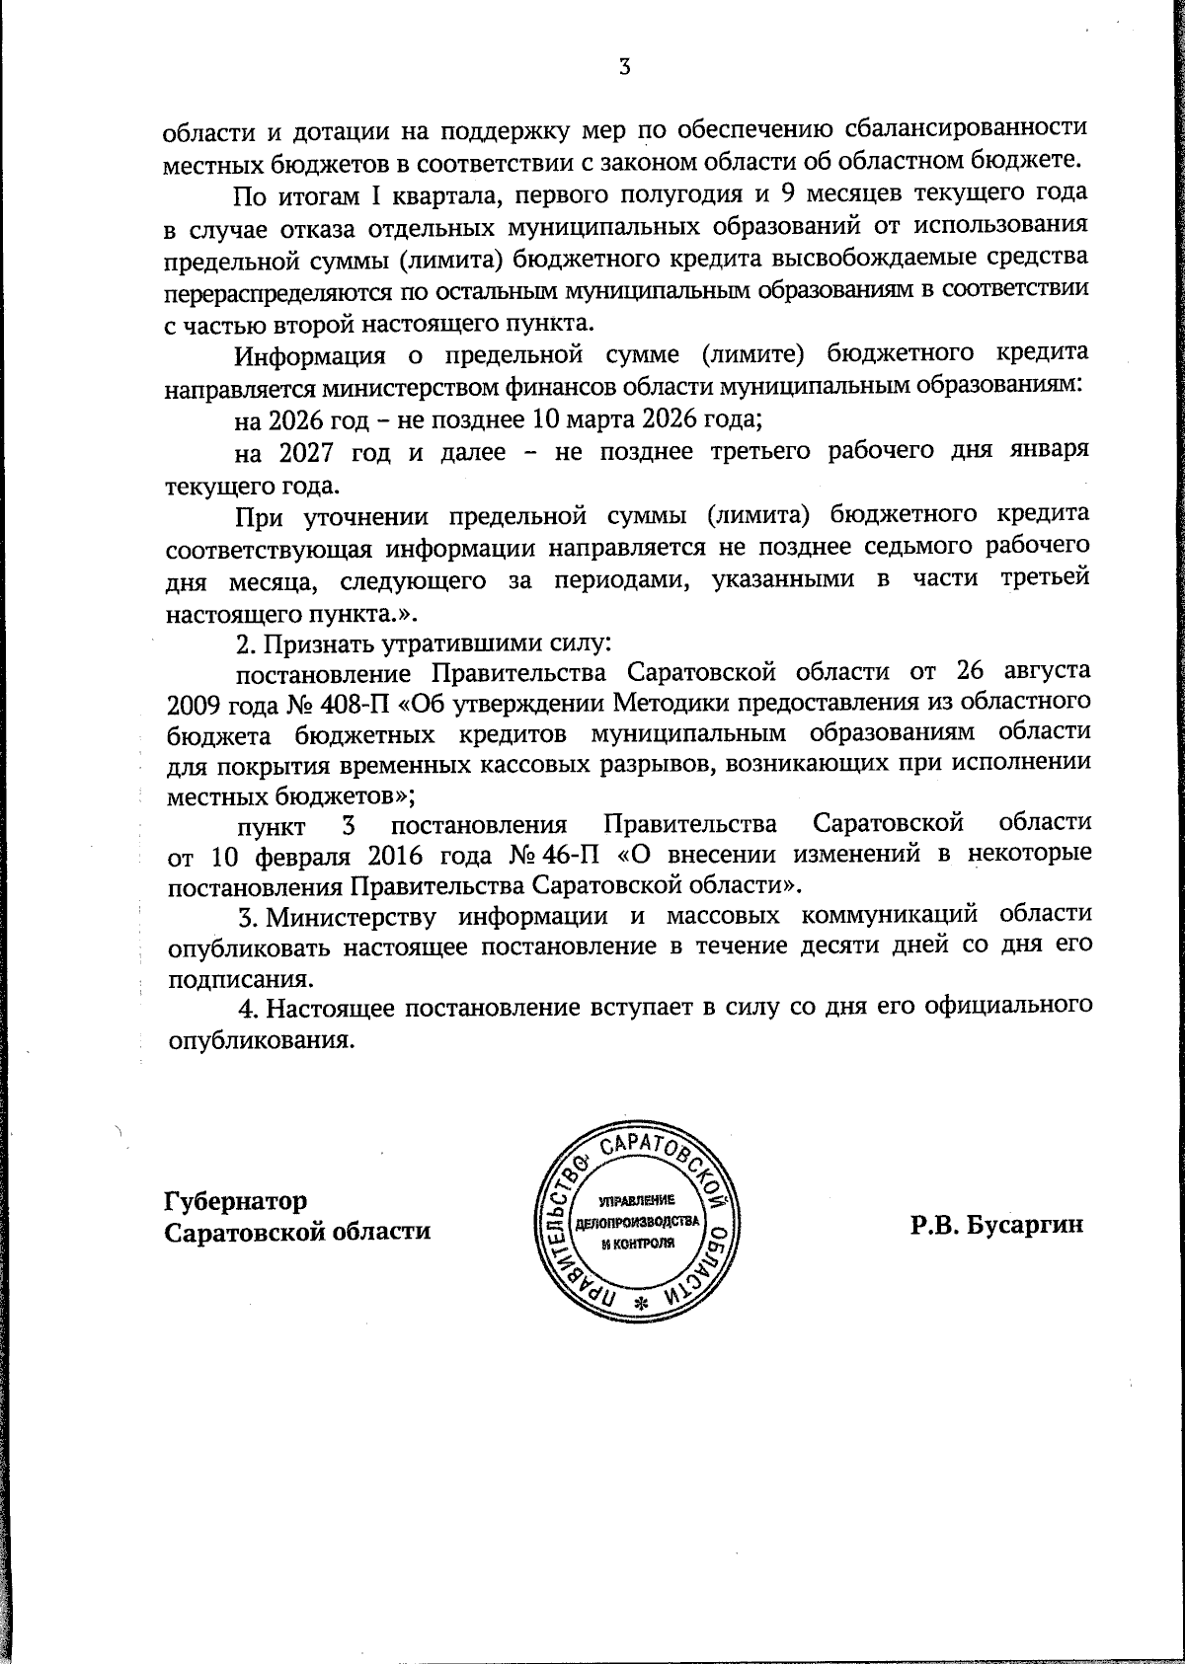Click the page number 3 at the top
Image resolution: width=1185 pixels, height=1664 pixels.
tap(623, 67)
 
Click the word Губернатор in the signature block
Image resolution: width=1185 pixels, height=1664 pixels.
tap(236, 1201)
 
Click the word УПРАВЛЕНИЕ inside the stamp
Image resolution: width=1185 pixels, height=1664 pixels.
tap(637, 1200)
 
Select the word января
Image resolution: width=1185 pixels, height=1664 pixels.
tap(1047, 452)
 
